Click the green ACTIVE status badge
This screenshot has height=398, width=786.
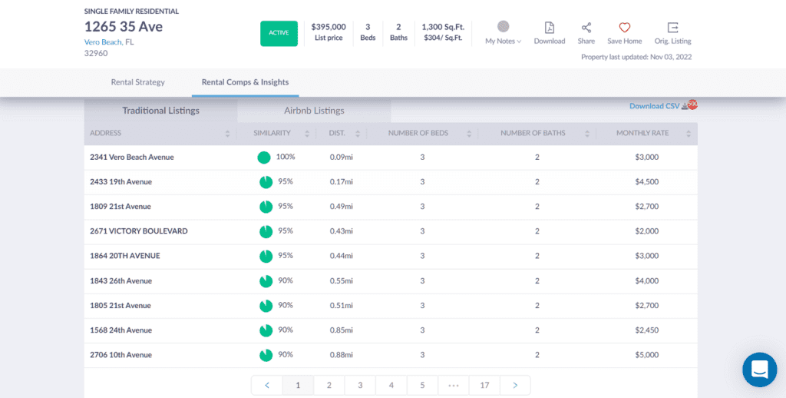click(279, 33)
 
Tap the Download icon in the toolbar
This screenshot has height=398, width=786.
click(550, 28)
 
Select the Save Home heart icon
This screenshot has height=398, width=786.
click(624, 28)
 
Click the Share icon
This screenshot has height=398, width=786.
click(586, 28)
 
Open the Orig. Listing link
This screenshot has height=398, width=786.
click(672, 28)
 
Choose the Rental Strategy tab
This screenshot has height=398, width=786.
click(138, 82)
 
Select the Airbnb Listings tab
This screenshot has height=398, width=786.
click(314, 111)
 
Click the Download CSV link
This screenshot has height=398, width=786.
click(655, 106)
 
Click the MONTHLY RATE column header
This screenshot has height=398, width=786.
click(642, 133)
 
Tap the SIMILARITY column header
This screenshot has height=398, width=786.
click(272, 133)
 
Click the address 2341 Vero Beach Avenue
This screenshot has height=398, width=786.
click(132, 157)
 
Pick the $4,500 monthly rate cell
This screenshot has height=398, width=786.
click(646, 181)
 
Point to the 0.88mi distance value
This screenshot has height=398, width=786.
click(341, 355)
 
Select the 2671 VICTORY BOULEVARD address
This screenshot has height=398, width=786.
click(139, 231)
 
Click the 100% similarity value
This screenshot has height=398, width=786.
click(285, 157)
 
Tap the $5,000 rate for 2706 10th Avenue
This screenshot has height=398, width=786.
click(646, 355)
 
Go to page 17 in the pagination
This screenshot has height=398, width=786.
click(484, 385)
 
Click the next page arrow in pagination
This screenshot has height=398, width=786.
click(515, 385)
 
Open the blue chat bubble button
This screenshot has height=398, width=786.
click(759, 370)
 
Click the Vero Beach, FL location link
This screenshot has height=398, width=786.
click(109, 42)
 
